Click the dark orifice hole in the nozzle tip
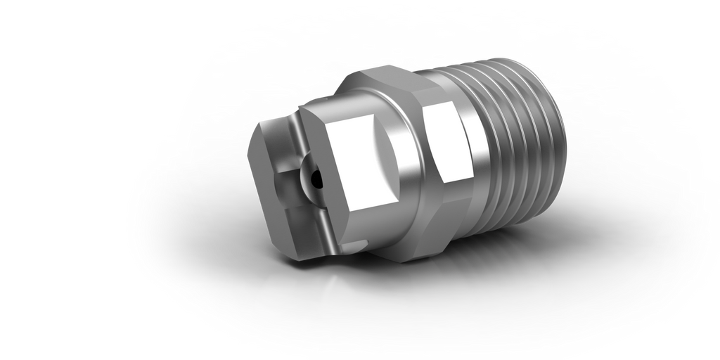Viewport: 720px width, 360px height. click(318, 180)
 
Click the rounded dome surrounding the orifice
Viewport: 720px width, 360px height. click(309, 181)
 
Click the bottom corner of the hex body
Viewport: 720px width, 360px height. click(408, 260)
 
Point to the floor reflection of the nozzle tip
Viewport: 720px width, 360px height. click(302, 309)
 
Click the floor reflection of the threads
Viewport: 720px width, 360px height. click(513, 295)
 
